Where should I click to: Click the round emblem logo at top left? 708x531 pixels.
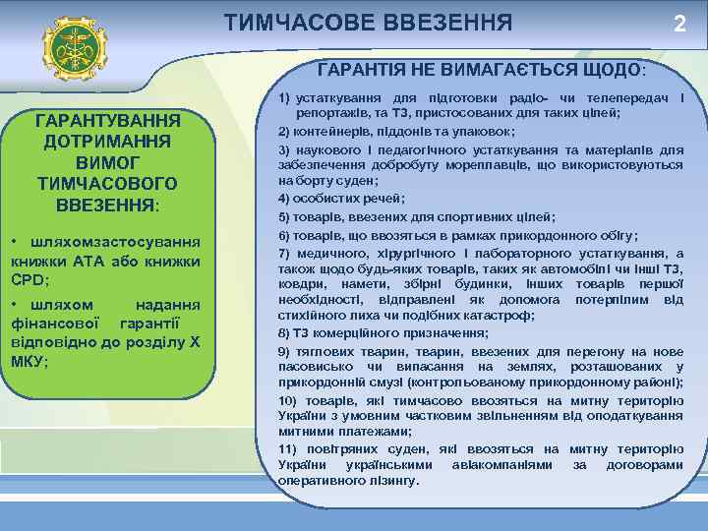coord(75,48)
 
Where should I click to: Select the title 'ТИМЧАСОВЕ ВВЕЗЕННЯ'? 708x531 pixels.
coord(368,22)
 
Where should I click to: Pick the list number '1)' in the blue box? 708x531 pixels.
coord(287,99)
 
